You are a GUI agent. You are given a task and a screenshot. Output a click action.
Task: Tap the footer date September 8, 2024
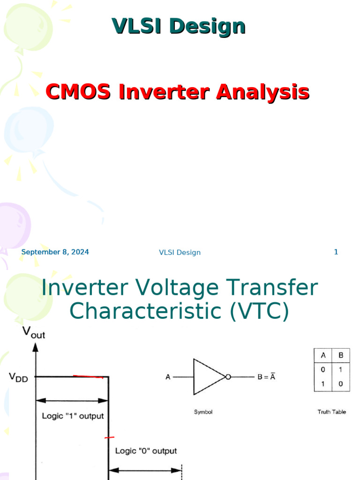pyautogui.click(x=55, y=252)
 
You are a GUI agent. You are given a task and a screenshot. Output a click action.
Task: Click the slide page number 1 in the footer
pyautogui.click(x=336, y=252)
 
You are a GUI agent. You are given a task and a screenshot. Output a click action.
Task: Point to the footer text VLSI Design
pyautogui.click(x=180, y=253)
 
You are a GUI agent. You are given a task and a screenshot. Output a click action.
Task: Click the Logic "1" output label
pyautogui.click(x=73, y=416)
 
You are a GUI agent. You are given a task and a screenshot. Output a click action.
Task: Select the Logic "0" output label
pyautogui.click(x=146, y=451)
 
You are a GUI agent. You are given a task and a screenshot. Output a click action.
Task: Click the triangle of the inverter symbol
pyautogui.click(x=206, y=377)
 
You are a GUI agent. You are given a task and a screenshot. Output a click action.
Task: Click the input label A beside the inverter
pyautogui.click(x=168, y=377)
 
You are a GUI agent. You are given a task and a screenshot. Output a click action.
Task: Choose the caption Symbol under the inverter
pyautogui.click(x=203, y=412)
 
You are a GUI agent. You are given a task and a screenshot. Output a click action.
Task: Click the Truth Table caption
pyautogui.click(x=331, y=412)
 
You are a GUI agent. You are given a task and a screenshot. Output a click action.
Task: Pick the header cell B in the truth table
pyautogui.click(x=341, y=355)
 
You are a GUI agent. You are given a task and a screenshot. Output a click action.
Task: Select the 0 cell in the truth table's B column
pyautogui.click(x=341, y=383)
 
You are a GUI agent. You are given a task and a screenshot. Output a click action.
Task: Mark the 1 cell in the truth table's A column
pyautogui.click(x=322, y=383)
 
